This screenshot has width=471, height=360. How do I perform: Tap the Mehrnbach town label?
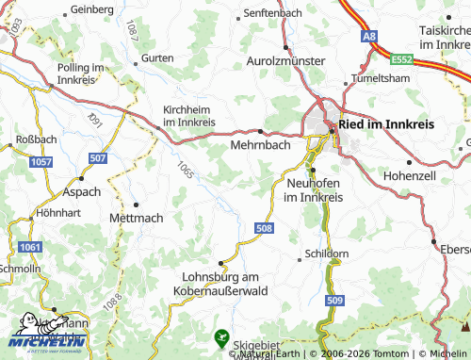coord(261,147)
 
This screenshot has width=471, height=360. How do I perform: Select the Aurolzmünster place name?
coord(285,61)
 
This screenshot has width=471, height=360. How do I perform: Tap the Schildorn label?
coord(327,255)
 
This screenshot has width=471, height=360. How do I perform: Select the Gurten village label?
coord(158,58)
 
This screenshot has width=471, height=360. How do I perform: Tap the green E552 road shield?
coord(403,58)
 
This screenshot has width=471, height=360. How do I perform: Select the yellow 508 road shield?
coord(264,228)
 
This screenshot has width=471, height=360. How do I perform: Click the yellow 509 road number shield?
coord(335,300)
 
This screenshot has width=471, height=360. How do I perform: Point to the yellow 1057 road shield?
coord(41,163)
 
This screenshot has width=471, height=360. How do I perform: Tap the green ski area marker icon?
coord(222,335)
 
